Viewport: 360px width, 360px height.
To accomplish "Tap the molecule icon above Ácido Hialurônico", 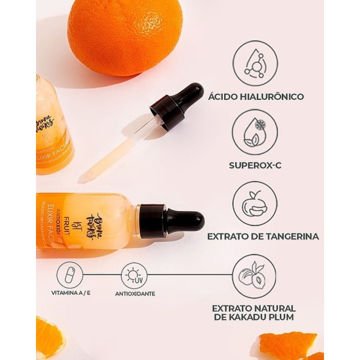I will [254, 63].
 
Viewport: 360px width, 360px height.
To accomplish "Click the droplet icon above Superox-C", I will [254, 132].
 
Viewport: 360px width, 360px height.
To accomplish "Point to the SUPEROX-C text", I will [256, 166].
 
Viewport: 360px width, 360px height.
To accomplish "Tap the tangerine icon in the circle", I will [254, 203].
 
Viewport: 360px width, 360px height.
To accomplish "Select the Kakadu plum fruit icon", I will [254, 276].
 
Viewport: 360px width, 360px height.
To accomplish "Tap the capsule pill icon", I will [70, 275].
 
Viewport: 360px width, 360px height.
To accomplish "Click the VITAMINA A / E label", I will [70, 294].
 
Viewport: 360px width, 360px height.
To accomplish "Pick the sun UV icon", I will [134, 275].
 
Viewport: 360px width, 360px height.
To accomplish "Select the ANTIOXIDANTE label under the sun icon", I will [135, 294].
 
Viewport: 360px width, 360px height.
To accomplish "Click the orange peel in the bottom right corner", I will [289, 345].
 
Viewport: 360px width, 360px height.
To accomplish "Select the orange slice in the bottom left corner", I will [50, 338].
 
